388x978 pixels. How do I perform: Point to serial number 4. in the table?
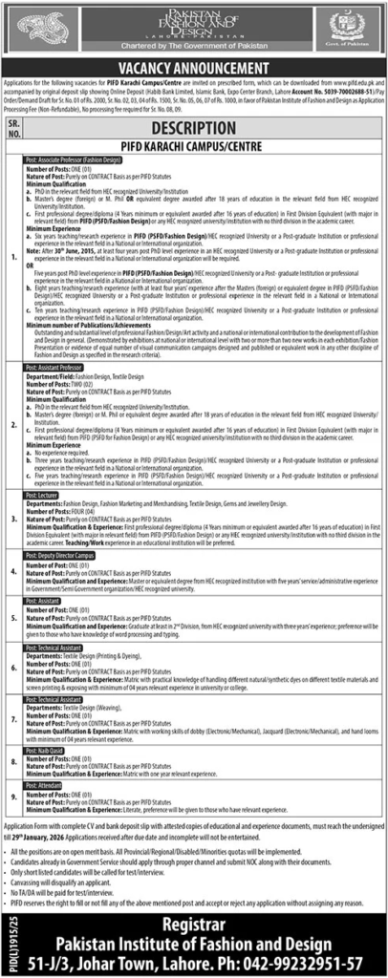tap(13, 570)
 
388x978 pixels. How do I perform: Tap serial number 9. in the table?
tap(13, 795)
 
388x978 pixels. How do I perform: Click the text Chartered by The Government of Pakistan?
tap(194, 45)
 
